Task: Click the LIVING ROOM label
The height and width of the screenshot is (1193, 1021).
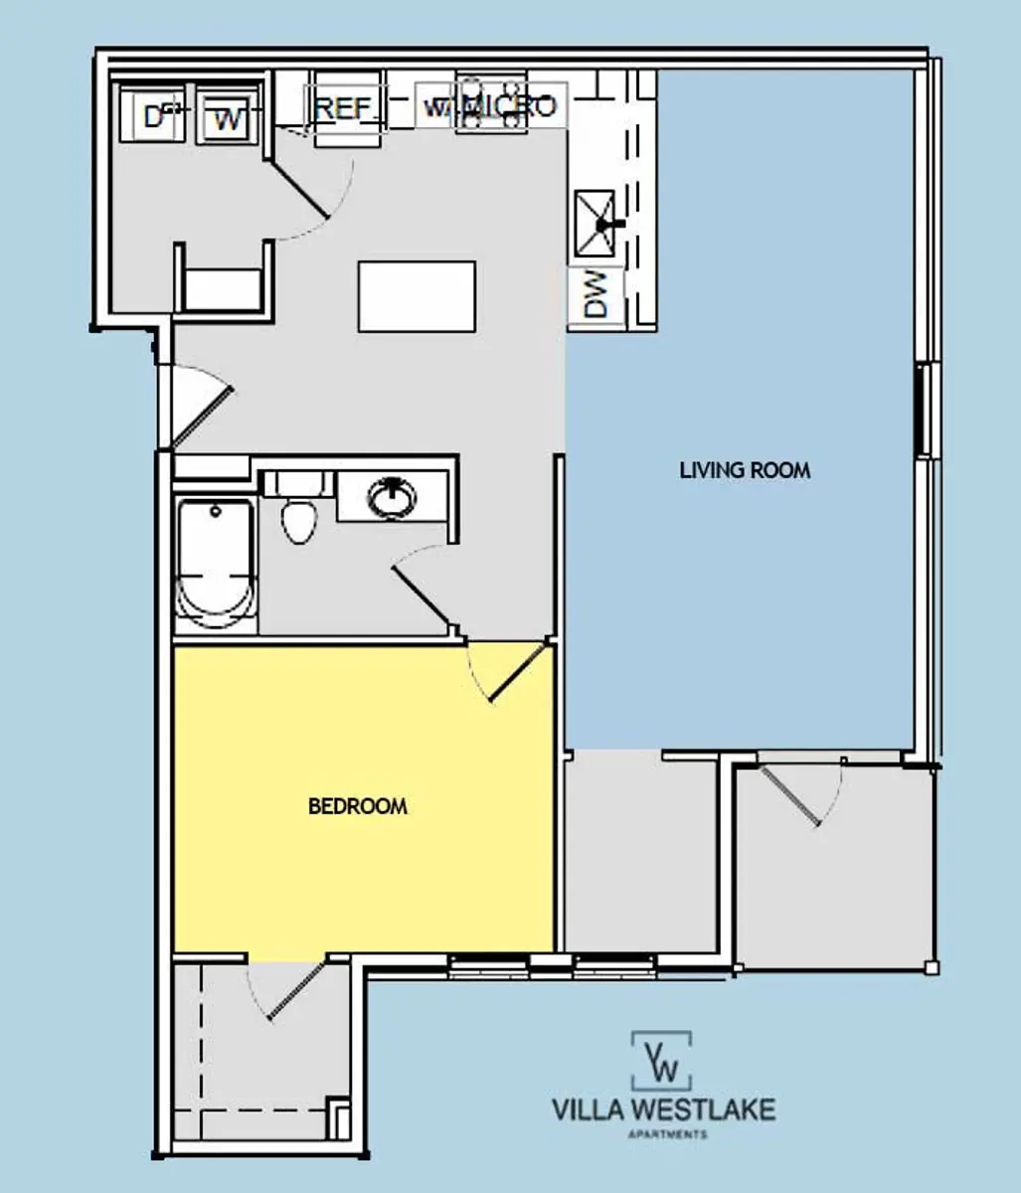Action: point(745,470)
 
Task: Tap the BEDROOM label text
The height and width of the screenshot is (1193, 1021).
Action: point(358,806)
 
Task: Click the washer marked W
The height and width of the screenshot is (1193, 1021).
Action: point(228,120)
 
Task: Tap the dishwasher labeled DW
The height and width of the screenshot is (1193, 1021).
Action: point(596,296)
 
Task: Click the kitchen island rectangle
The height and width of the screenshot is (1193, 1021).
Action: point(417,296)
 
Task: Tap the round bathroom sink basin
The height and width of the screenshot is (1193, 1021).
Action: point(393,497)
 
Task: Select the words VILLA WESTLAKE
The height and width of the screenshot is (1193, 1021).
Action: point(663,1109)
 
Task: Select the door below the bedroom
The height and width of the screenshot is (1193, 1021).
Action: point(294,990)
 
